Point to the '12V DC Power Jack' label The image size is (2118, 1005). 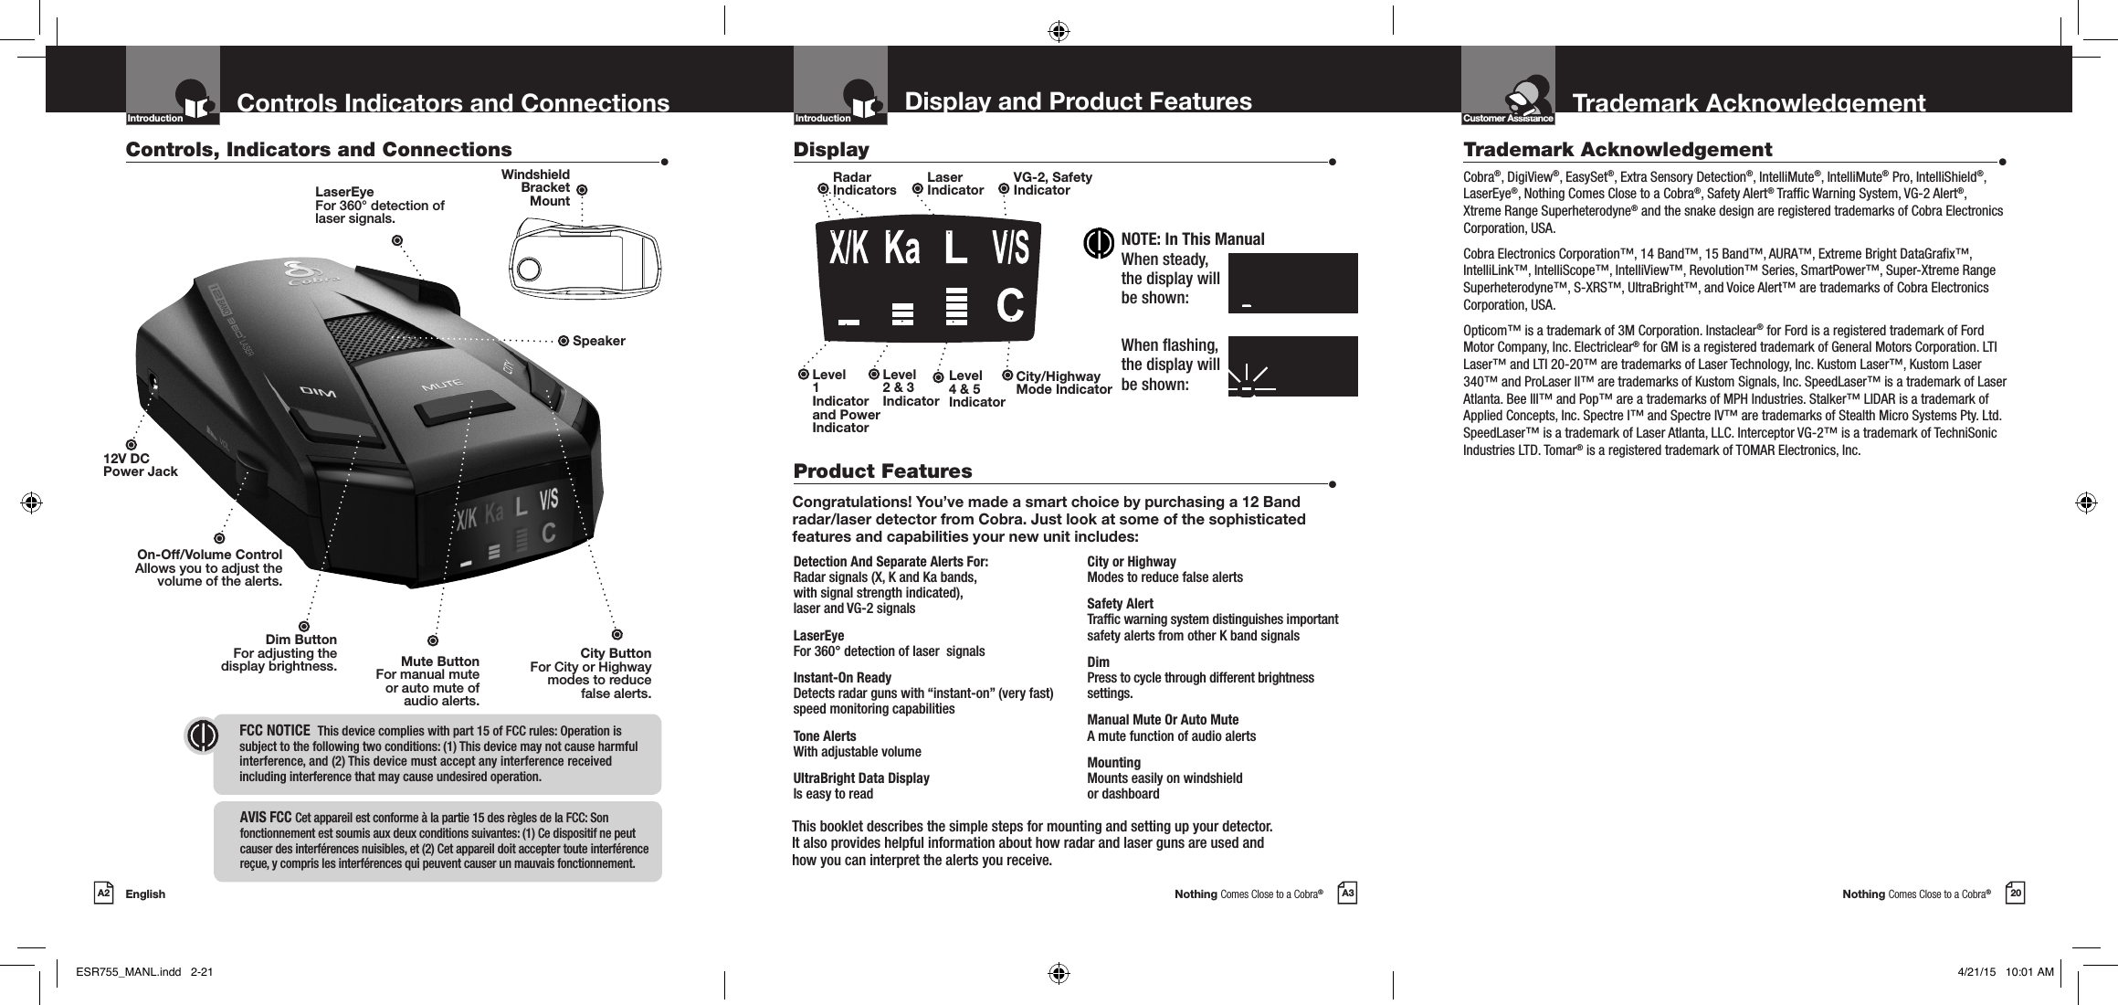(140, 465)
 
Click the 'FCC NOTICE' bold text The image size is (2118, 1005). (274, 732)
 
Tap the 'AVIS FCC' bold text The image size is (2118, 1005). (265, 817)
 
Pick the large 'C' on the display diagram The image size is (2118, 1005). (1009, 305)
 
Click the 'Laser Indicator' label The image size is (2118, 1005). (954, 184)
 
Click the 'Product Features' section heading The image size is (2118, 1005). (882, 471)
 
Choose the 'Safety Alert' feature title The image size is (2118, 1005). (1120, 604)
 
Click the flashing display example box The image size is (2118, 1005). (1291, 366)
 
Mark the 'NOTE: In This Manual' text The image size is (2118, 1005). (1192, 239)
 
